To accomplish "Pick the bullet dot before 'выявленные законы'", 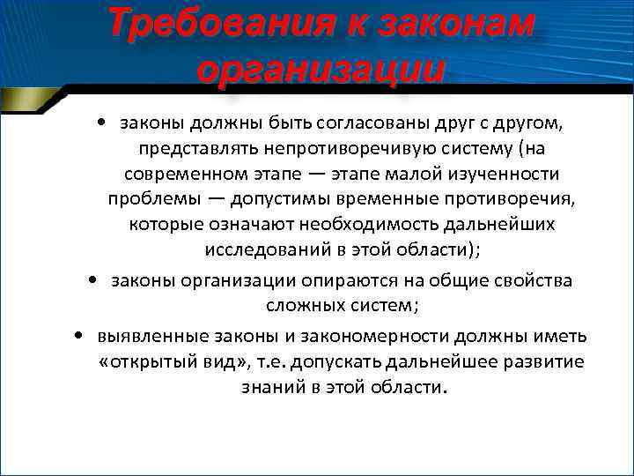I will (x=79, y=337).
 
